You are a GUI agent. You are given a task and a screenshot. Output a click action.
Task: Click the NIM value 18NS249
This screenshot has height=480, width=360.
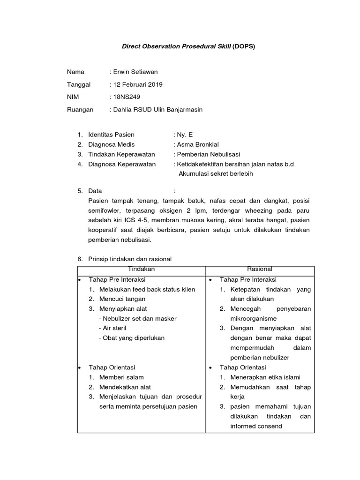(x=126, y=97)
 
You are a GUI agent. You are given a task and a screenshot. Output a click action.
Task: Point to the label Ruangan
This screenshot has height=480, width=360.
(x=80, y=110)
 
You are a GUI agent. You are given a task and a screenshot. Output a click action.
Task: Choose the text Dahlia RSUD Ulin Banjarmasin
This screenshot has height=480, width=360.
(x=157, y=110)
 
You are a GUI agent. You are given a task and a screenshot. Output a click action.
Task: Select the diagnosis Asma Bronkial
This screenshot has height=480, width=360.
(x=198, y=144)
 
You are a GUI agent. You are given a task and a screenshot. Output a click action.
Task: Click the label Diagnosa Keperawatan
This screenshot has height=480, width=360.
(x=122, y=164)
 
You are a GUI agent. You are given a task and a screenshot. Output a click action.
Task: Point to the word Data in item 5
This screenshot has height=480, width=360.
(x=95, y=191)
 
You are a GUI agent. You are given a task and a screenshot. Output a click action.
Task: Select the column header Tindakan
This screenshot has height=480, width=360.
(x=141, y=269)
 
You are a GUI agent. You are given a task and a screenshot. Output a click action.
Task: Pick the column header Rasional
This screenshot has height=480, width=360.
(x=260, y=269)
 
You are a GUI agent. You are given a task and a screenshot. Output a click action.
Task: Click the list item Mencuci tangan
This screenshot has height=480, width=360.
(x=122, y=299)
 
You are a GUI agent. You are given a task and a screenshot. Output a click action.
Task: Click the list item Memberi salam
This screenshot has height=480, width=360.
(x=121, y=377)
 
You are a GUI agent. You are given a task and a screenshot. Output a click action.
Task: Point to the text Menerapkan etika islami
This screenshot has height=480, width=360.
(x=265, y=377)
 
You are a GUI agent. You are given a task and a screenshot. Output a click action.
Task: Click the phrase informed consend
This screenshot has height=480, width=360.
(x=256, y=426)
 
